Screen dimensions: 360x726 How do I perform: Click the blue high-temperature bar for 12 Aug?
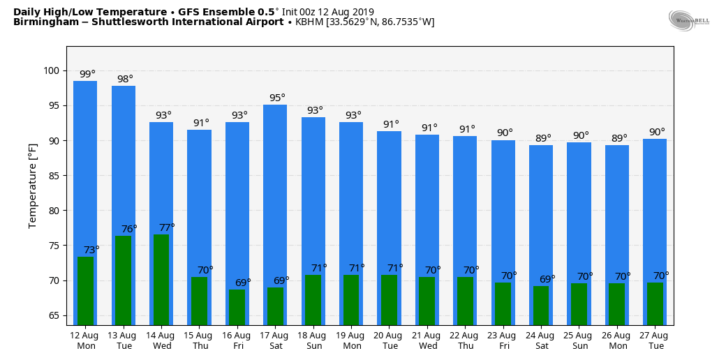pos(85,167)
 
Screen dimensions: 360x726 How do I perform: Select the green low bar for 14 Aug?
pos(161,279)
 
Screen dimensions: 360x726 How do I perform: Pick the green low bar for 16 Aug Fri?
pos(237,307)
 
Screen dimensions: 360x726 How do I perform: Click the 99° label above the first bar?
pos(87,74)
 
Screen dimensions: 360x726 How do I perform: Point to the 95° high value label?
pos(277,98)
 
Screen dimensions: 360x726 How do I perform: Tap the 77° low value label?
pos(167,227)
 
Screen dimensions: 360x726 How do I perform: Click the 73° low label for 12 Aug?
pos(91,250)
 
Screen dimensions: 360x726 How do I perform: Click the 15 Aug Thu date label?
pos(200,340)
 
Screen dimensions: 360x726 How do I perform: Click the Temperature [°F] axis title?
pos(33,186)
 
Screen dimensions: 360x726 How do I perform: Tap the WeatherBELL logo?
pos(688,21)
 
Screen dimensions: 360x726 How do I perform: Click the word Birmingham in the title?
pos(40,22)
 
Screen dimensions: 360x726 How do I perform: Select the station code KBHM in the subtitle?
pos(309,22)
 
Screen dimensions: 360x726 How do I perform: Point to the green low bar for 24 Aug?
pos(541,305)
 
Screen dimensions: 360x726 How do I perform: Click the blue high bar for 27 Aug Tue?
pos(655,202)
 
